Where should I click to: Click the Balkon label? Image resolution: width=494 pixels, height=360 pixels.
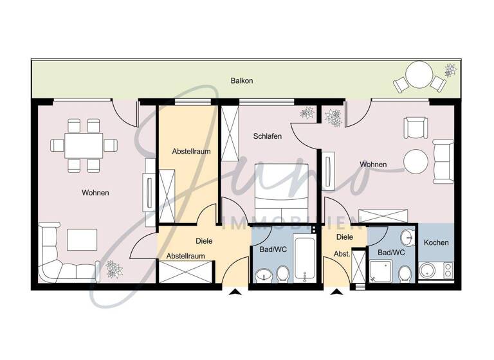point(242,81)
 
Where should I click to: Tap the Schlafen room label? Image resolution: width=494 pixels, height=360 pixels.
point(268,136)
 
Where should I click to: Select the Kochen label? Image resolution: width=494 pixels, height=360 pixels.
point(437,242)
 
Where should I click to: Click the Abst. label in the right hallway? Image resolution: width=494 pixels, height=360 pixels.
point(342,254)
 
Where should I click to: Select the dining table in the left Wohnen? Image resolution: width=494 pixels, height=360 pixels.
point(84,145)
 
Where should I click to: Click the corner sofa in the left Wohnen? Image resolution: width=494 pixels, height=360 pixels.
point(64,257)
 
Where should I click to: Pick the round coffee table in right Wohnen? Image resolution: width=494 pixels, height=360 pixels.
point(416,161)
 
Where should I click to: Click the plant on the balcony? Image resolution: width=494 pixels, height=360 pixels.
point(450,69)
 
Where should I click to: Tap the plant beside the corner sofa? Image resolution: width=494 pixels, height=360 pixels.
point(114,269)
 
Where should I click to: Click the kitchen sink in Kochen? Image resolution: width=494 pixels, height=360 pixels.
point(428,271)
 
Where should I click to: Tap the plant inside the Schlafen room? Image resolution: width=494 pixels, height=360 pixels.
point(307,112)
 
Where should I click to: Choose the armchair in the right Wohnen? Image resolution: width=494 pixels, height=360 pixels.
point(415,128)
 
